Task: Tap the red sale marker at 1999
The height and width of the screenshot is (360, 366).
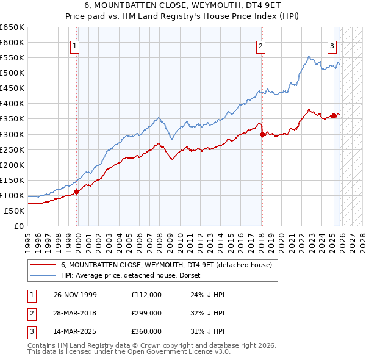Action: coord(77,192)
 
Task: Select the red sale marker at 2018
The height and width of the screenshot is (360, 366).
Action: coord(262,134)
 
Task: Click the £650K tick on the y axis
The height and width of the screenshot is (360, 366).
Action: coord(12,27)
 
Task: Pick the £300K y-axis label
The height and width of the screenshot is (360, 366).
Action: coord(12,134)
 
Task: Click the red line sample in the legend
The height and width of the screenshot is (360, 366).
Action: coord(43,265)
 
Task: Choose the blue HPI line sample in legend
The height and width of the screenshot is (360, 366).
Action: coord(43,275)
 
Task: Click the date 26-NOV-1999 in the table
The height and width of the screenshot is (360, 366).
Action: coord(74,295)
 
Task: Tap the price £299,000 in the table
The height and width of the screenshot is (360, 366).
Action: coord(146,313)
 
